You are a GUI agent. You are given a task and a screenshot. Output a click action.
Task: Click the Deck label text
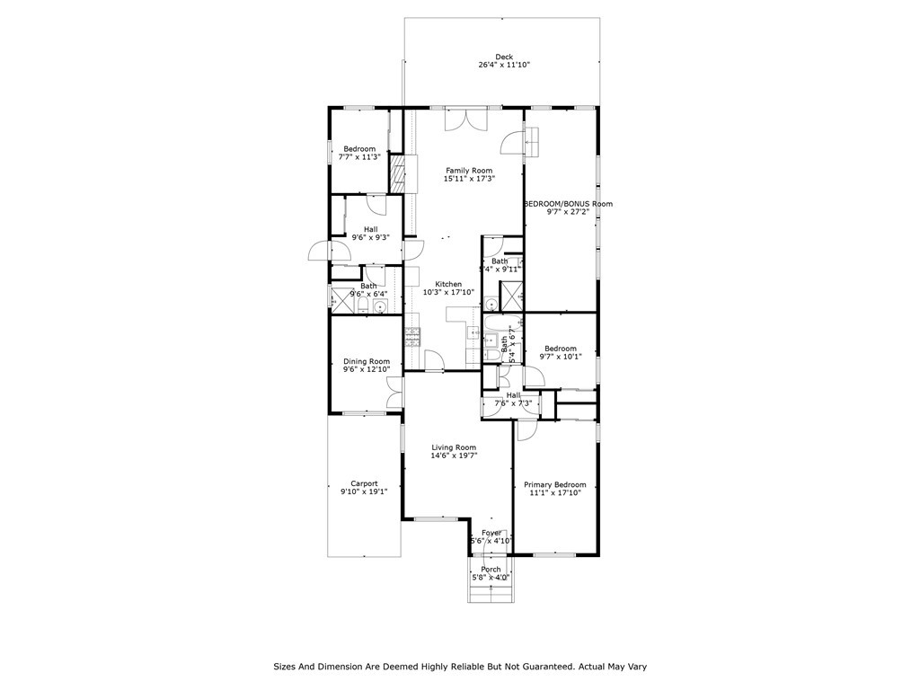coord(503,57)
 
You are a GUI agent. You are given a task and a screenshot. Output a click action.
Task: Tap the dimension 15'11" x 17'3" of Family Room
coord(469,179)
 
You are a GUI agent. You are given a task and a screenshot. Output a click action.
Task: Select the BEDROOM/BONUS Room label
coord(569,204)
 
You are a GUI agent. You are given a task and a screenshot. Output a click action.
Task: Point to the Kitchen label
coord(448,284)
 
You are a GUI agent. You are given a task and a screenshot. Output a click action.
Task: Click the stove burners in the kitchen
coord(414,337)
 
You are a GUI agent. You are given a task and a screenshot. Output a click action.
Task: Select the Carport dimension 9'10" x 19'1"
coord(364,491)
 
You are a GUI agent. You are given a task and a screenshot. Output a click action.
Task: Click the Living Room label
coord(454,447)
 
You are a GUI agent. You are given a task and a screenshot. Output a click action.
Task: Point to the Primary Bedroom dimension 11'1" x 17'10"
coord(554,492)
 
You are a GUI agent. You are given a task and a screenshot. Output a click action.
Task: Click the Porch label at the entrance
coord(491,569)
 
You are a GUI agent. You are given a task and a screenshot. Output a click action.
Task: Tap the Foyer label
coord(491,533)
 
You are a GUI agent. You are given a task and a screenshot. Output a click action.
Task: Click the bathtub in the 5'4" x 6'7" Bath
coord(491,341)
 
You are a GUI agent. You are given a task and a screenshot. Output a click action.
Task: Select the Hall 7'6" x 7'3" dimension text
coord(513,403)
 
